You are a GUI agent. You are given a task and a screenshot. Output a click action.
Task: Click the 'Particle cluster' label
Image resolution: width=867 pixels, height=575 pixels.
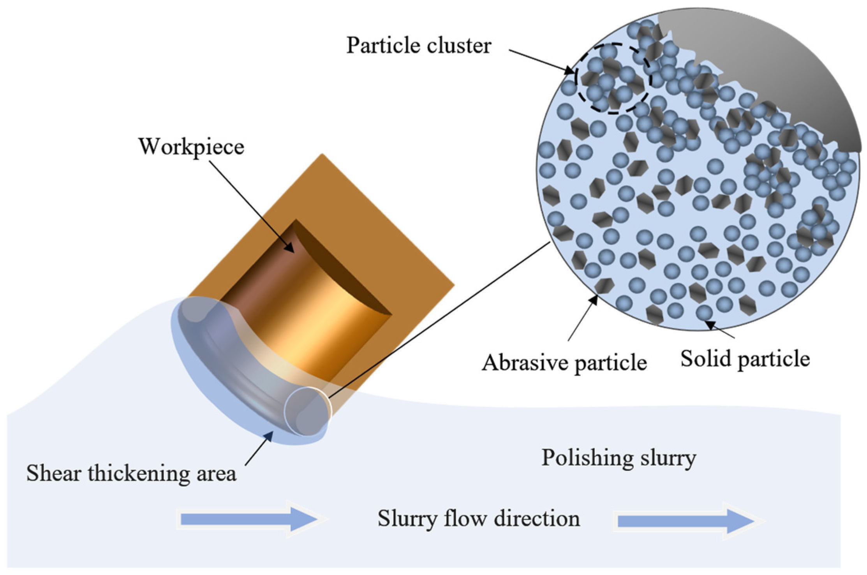419,46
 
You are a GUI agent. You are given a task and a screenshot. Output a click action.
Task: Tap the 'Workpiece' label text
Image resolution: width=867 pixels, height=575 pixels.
191,147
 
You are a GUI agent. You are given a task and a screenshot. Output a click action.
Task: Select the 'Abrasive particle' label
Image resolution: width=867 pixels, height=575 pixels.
564,363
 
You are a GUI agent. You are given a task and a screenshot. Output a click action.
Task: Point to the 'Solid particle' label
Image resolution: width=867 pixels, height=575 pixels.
745,359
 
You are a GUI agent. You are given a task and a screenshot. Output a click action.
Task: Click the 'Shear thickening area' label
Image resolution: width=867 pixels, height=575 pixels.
131,473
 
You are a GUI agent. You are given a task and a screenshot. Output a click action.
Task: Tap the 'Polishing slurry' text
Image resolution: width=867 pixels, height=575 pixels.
619,457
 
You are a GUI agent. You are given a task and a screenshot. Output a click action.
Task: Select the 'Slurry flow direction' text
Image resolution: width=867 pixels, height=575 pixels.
479,519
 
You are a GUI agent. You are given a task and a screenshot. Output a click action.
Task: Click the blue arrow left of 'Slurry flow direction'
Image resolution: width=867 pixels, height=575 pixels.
249,519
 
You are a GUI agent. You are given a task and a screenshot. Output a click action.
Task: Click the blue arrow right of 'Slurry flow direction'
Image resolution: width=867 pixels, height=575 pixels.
685,521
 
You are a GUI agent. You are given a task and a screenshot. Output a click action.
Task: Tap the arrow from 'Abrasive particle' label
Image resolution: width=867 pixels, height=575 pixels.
582,317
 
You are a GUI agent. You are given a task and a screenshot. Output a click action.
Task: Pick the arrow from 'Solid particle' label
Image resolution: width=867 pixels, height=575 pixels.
721,329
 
